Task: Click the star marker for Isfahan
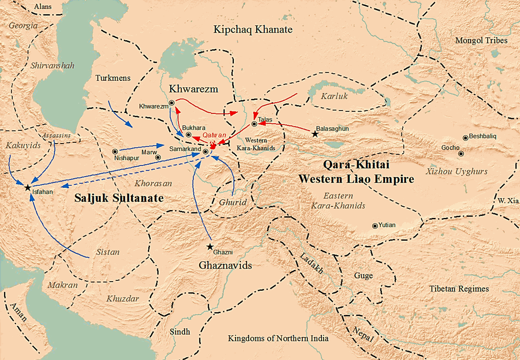pyautogui.click(x=27, y=187)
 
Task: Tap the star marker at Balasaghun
pyautogui.click(x=315, y=134)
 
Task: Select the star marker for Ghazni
pyautogui.click(x=210, y=247)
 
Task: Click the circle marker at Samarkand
pyautogui.click(x=205, y=152)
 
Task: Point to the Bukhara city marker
pyautogui.click(x=189, y=134)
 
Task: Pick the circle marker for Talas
pyautogui.click(x=254, y=124)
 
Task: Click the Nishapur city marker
pyautogui.click(x=115, y=151)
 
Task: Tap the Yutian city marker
pyautogui.click(x=375, y=226)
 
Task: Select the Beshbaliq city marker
pyautogui.click(x=465, y=138)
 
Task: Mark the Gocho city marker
pyautogui.click(x=461, y=153)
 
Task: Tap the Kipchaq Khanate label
pyautogui.click(x=253, y=29)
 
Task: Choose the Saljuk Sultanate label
pyautogui.click(x=119, y=198)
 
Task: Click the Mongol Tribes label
pyautogui.click(x=481, y=41)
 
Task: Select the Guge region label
pyautogui.click(x=363, y=276)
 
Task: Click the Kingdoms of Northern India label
pyautogui.click(x=278, y=339)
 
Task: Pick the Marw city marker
pyautogui.click(x=158, y=157)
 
